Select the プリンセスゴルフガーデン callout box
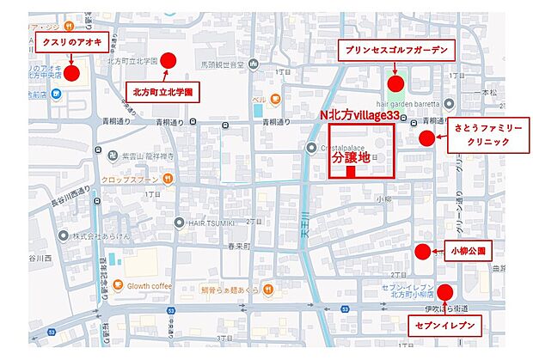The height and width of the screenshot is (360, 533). pyautogui.click(x=394, y=50)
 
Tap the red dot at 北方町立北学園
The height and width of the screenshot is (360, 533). pyautogui.click(x=168, y=60)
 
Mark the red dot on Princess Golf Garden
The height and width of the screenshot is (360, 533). pyautogui.click(x=395, y=83)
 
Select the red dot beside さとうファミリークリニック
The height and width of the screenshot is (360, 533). pyautogui.click(x=426, y=138)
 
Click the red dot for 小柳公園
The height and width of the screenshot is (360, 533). pyautogui.click(x=422, y=252)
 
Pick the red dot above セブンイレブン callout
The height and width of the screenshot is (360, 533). pyautogui.click(x=444, y=290)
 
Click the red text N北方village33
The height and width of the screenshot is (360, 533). pyautogui.click(x=359, y=114)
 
